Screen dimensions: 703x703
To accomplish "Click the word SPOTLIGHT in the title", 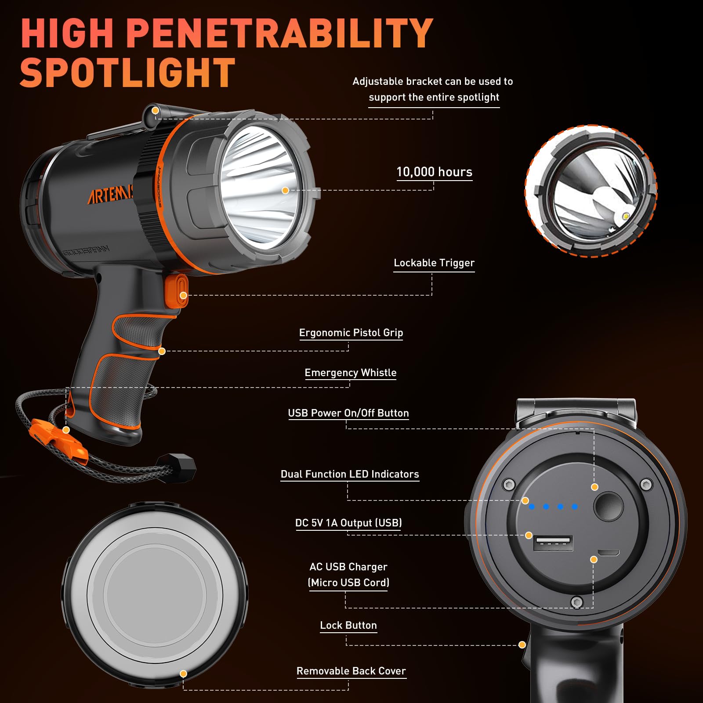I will click(x=127, y=73).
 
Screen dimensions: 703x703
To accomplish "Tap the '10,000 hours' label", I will click(x=434, y=172).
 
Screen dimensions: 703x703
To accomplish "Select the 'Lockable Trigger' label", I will click(x=434, y=263).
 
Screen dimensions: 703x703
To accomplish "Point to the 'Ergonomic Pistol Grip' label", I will click(x=351, y=333).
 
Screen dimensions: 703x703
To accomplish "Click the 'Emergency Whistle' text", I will click(x=350, y=373).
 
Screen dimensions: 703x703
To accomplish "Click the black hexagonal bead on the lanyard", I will click(x=181, y=468).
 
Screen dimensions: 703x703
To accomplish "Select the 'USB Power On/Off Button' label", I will click(x=348, y=413).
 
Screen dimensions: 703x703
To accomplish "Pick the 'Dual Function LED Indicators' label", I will click(x=350, y=474).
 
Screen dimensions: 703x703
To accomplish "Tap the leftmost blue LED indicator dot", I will click(x=532, y=507).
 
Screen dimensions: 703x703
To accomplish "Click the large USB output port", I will click(x=553, y=544).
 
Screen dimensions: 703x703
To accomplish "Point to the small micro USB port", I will click(x=609, y=553).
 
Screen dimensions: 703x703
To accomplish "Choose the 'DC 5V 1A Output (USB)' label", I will click(x=348, y=523).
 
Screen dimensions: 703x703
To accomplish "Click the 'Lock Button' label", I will click(x=348, y=625).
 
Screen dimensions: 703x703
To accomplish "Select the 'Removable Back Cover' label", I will click(x=351, y=671).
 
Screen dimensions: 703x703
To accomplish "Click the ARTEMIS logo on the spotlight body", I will click(x=110, y=194).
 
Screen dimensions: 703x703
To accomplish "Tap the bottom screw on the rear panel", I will click(x=577, y=602).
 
